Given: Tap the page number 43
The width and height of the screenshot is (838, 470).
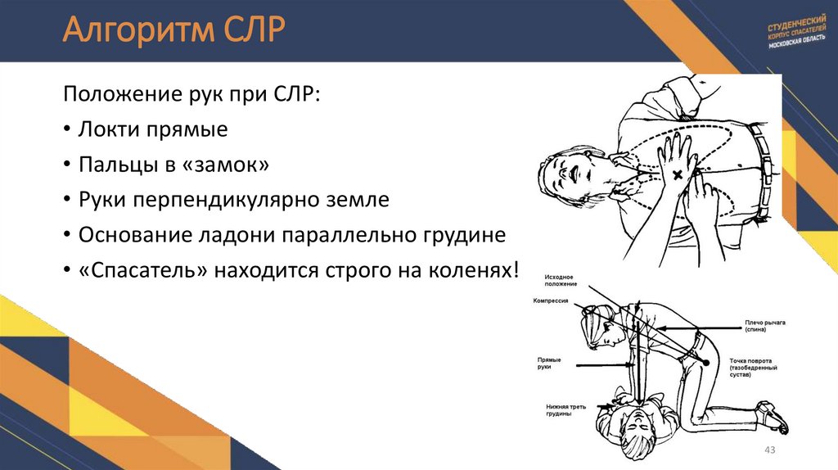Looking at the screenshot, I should pos(768,451).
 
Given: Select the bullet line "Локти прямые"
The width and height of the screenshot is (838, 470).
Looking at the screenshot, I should pos(152,129).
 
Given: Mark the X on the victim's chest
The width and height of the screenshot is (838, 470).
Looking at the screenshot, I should pos(678,176).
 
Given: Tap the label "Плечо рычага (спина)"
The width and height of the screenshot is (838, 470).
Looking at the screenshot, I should pos(764,325).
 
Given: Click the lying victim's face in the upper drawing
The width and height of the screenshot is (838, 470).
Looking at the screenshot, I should pos(571,176).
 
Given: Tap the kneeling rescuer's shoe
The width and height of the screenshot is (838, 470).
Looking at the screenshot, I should pos(773,418).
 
